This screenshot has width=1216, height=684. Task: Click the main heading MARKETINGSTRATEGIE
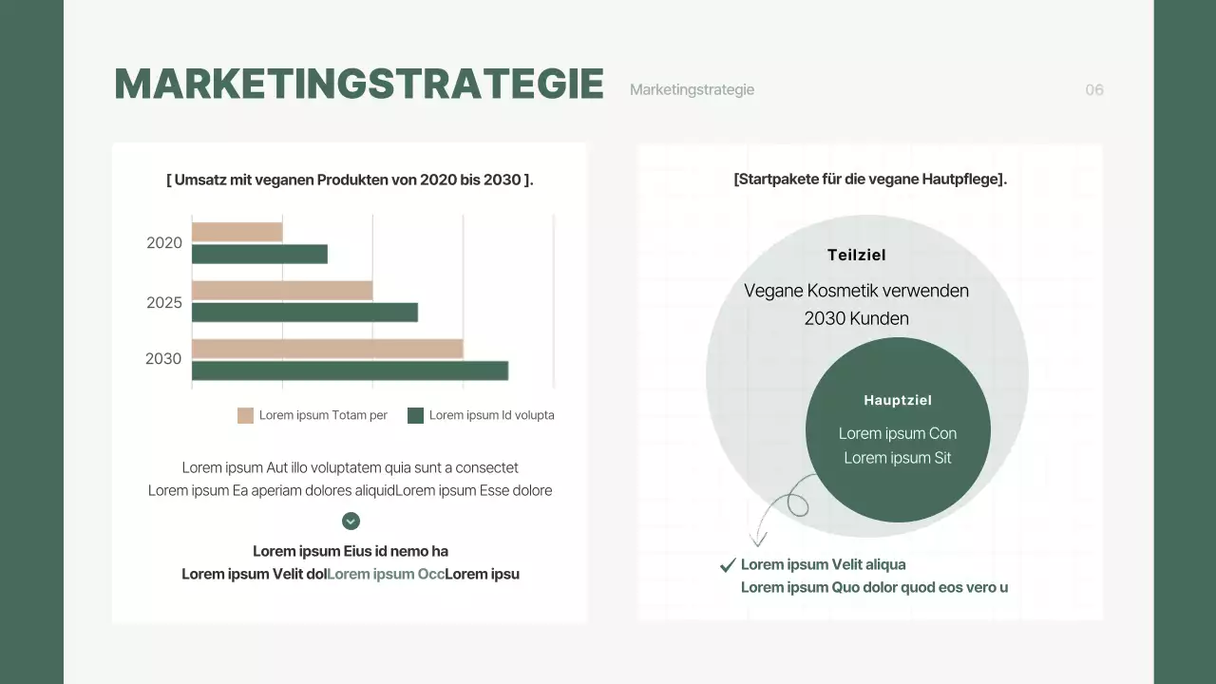[x=359, y=84]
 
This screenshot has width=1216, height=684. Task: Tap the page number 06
[x=1094, y=90]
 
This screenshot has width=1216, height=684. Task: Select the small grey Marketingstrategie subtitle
[x=692, y=90]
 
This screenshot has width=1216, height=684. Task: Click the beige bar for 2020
[x=237, y=232]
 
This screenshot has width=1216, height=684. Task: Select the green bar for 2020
[x=259, y=255]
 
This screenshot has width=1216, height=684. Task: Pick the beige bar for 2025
[x=282, y=291]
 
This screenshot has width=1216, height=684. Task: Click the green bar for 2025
[x=305, y=313]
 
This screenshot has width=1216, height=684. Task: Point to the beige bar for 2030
[x=327, y=349]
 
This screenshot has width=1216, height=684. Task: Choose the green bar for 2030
[x=350, y=370]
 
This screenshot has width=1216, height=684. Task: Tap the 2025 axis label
[x=164, y=303]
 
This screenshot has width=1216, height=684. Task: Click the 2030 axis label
[x=163, y=359]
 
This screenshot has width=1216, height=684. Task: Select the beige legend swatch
[x=245, y=415]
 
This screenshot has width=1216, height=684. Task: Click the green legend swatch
[x=415, y=415]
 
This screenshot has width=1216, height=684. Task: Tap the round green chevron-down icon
[x=351, y=521]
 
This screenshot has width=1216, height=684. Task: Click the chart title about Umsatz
[x=350, y=180]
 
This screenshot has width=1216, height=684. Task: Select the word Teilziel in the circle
[x=856, y=255]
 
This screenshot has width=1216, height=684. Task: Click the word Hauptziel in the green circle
[x=898, y=401]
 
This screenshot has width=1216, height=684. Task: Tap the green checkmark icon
[x=728, y=565]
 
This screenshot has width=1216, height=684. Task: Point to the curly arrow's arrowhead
[x=757, y=541]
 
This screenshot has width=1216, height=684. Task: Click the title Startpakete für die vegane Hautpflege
[x=870, y=179]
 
